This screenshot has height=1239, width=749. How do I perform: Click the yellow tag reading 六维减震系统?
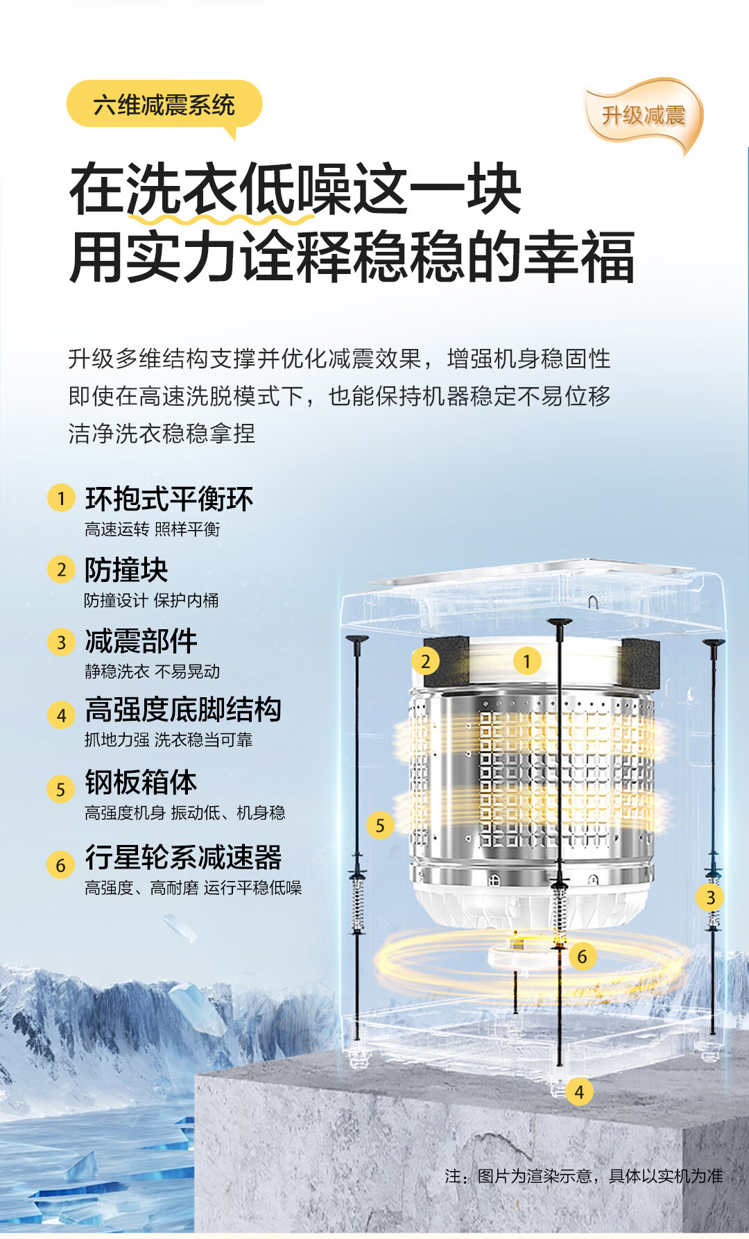coord(164,105)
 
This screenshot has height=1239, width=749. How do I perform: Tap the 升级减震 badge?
coord(643,114)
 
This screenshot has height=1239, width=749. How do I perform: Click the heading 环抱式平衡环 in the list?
coord(169,499)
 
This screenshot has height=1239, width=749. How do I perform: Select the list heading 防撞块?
coord(126,570)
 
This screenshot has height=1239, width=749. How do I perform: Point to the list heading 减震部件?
coord(141,641)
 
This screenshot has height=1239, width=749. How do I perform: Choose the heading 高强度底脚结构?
coord(183,710)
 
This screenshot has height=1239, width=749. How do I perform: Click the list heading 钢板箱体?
coord(141,782)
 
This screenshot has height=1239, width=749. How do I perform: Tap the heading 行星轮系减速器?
coord(183,857)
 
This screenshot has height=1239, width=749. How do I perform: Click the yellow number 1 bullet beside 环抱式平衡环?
coord(61,498)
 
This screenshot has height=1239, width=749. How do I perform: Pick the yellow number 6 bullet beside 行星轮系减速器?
coord(61,865)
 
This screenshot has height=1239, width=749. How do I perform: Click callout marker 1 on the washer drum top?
coord(527,661)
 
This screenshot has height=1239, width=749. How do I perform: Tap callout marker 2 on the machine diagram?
coord(426,661)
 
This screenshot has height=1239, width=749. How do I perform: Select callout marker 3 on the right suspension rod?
coord(710,897)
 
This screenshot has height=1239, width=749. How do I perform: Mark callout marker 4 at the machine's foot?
coord(579,1092)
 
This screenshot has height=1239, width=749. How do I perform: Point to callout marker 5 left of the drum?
coord(380,825)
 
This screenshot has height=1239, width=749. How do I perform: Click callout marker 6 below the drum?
coord(583,957)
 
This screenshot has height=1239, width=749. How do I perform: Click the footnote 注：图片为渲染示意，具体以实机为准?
coord(584,1176)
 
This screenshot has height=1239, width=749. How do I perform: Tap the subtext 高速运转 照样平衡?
coord(153,529)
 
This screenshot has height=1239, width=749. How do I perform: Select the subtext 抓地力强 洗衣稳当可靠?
coord(169,740)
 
